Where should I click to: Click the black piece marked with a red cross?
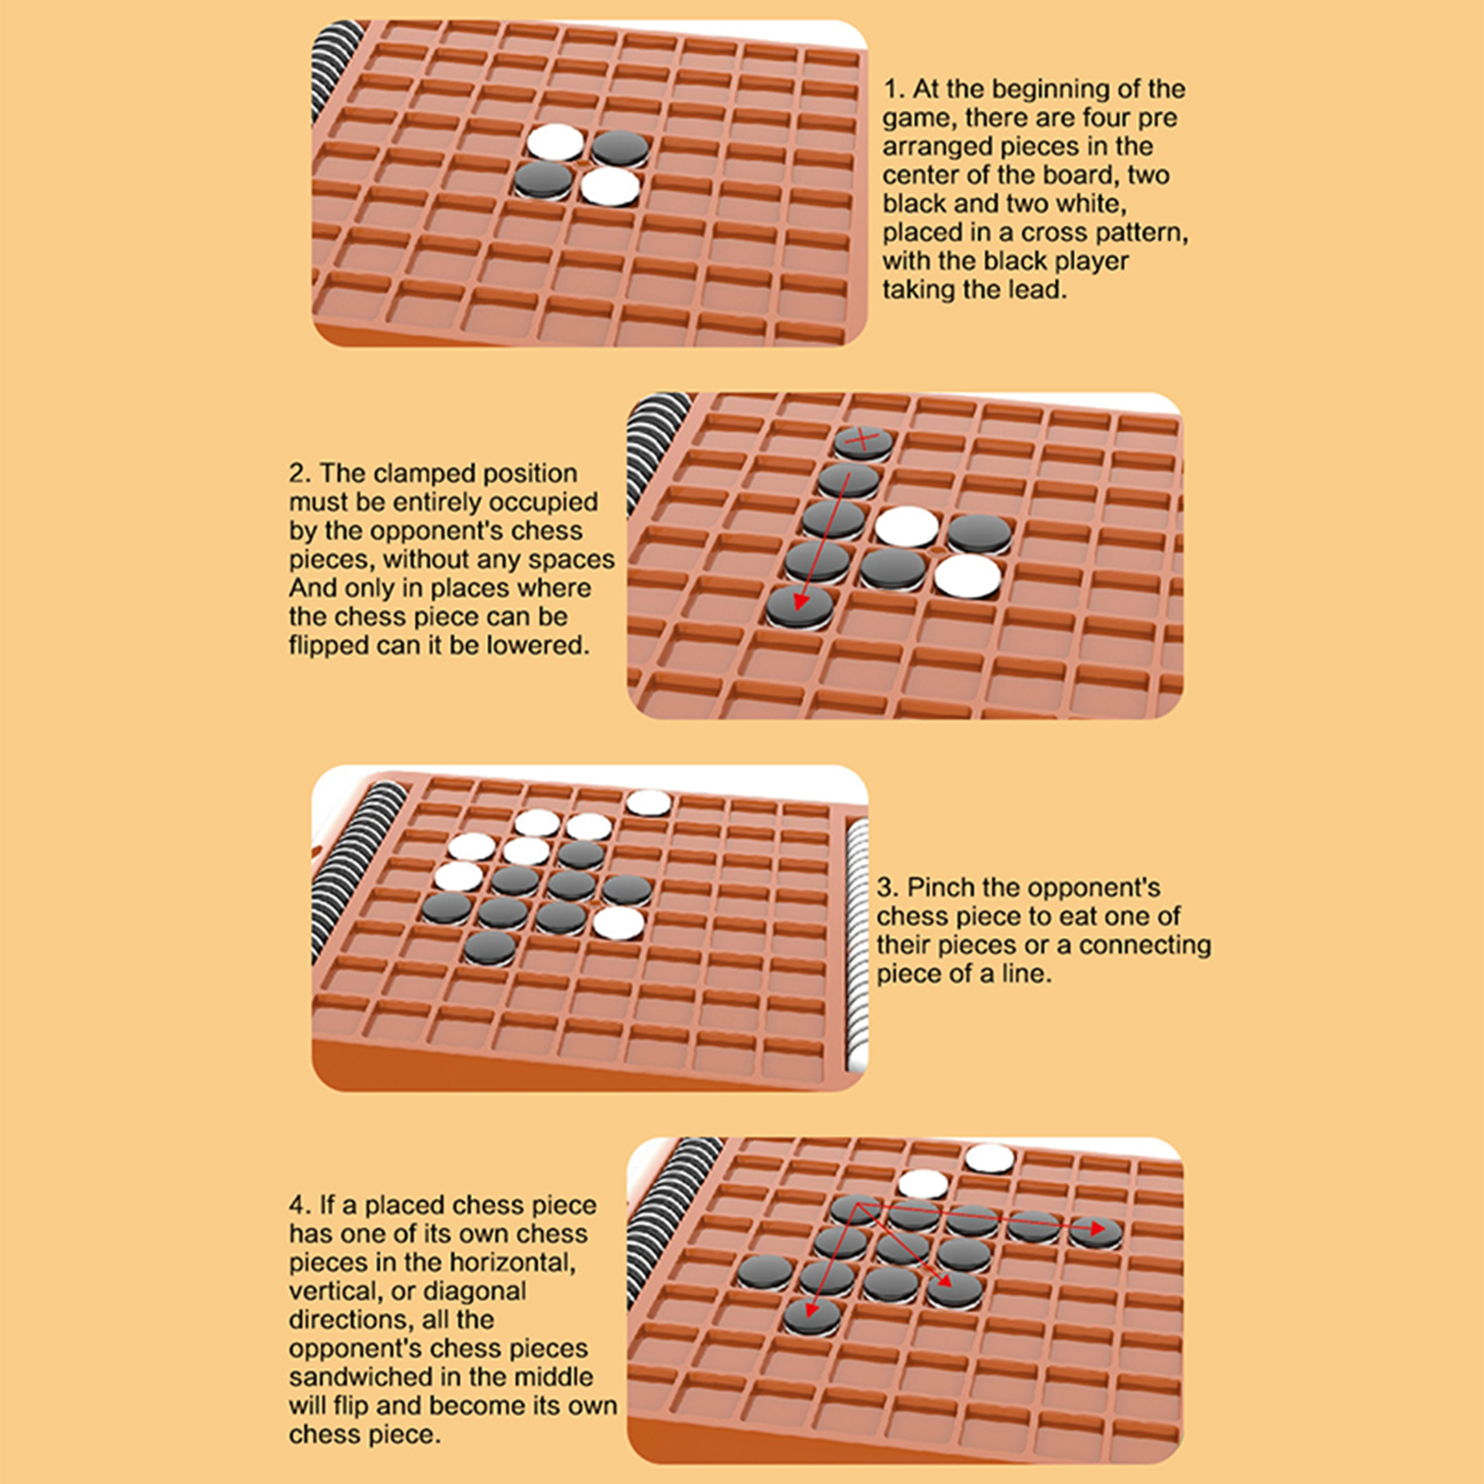point(863,441)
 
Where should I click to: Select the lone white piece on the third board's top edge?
point(649,802)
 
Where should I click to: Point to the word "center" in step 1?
point(922,176)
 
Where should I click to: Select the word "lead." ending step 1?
point(1038,290)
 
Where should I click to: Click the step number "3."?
point(889,888)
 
